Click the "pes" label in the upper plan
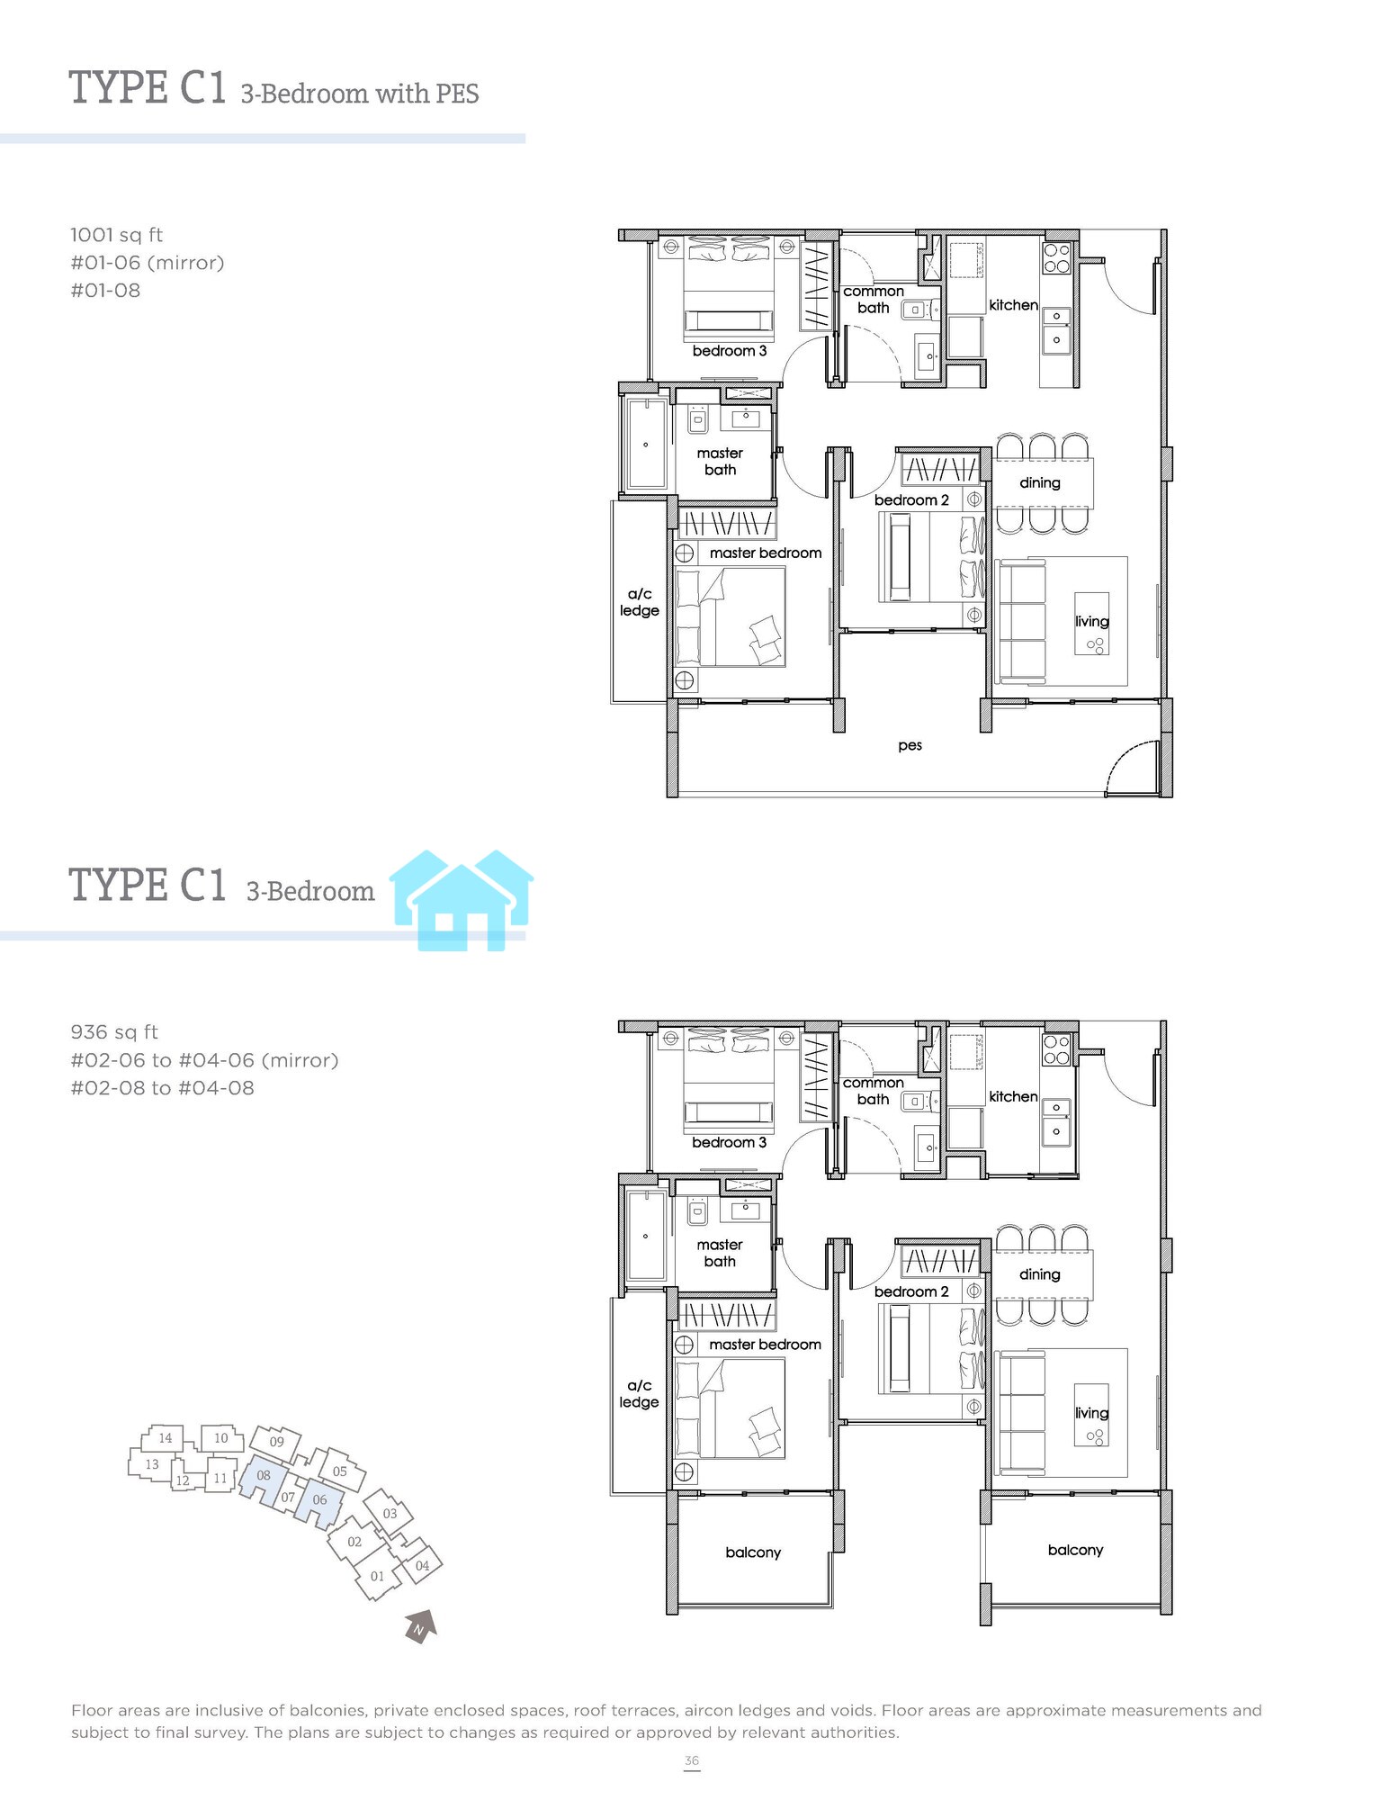[x=910, y=746]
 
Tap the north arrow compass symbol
[x=420, y=1626]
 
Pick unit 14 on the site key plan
[x=165, y=1438]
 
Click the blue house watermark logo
[x=462, y=900]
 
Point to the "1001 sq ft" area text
[x=117, y=235]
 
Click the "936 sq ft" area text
[x=114, y=1032]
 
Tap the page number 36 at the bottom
[x=691, y=1760]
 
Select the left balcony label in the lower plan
[x=753, y=1552]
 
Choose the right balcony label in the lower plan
[x=1075, y=1550]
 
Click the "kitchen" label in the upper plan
[x=1013, y=305]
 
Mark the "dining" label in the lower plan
[x=1039, y=1274]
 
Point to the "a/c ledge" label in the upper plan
[x=639, y=602]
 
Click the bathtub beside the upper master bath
[x=646, y=445]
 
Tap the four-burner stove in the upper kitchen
[x=1057, y=258]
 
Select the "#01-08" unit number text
[x=105, y=291]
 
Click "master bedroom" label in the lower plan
[x=765, y=1345]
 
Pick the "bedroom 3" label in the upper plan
[x=730, y=351]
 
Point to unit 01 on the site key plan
[x=377, y=1576]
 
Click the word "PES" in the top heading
[x=457, y=94]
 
